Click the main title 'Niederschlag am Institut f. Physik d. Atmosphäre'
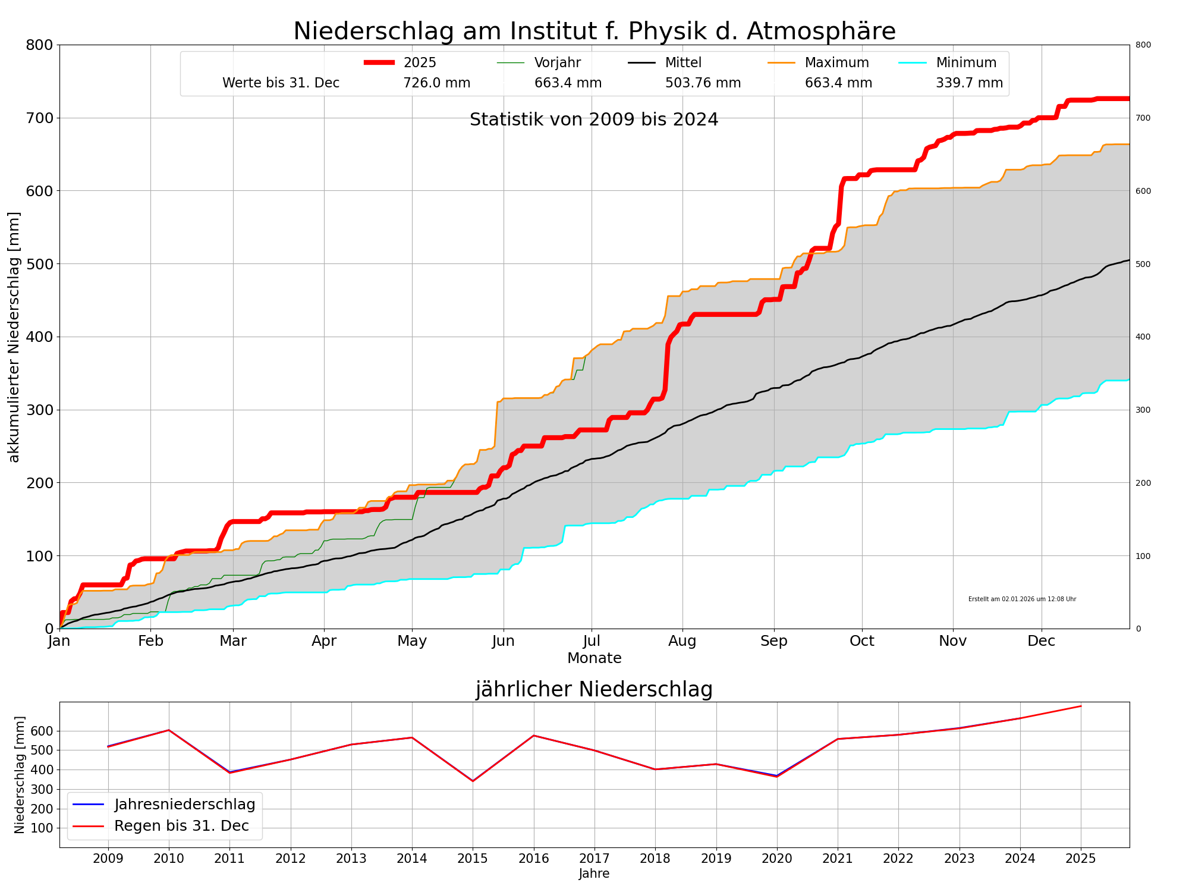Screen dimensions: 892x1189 click(x=594, y=31)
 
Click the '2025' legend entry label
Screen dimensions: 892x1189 click(x=420, y=62)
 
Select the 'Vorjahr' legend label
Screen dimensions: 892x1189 click(x=557, y=62)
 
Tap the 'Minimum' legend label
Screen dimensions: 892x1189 click(x=966, y=62)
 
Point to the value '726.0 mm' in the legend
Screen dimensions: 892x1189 click(x=437, y=83)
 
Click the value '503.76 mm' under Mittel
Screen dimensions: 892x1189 click(x=703, y=83)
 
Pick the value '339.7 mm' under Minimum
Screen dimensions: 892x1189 click(x=969, y=83)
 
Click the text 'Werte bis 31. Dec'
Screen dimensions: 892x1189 click(x=281, y=83)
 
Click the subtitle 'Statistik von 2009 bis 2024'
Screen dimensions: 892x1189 click(x=594, y=120)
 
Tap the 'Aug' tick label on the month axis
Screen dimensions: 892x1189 click(x=682, y=641)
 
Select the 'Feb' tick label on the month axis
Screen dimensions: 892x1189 click(x=150, y=641)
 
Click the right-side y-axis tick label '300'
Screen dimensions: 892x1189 click(x=1143, y=410)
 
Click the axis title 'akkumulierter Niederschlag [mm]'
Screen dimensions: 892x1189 click(x=14, y=337)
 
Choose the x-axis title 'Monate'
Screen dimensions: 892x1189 click(x=594, y=658)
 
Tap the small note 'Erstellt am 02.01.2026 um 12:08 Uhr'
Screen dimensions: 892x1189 click(x=1022, y=599)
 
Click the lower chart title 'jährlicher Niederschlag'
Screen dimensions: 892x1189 click(x=594, y=690)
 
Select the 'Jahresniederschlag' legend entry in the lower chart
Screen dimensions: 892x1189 click(x=184, y=805)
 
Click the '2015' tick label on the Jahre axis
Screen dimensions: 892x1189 click(x=473, y=859)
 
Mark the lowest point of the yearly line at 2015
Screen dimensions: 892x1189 click(x=473, y=781)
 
